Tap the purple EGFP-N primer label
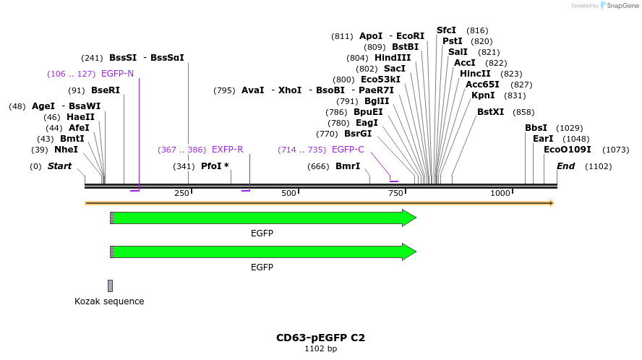tap(117, 74)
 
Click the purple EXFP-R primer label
tap(227, 150)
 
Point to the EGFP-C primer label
tap(348, 150)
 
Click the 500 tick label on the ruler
tap(288, 194)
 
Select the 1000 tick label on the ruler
tap(500, 194)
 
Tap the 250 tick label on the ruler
tap(181, 194)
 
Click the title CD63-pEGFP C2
tap(320, 338)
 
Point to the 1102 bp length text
tap(320, 349)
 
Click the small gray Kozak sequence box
tap(110, 286)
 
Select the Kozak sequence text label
tap(109, 301)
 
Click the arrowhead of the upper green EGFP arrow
tap(409, 218)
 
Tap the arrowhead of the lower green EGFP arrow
tap(409, 252)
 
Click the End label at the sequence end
tap(565, 166)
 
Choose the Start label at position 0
tap(60, 166)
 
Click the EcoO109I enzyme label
tap(567, 150)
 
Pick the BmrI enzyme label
tap(348, 166)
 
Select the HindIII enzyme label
tap(393, 58)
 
